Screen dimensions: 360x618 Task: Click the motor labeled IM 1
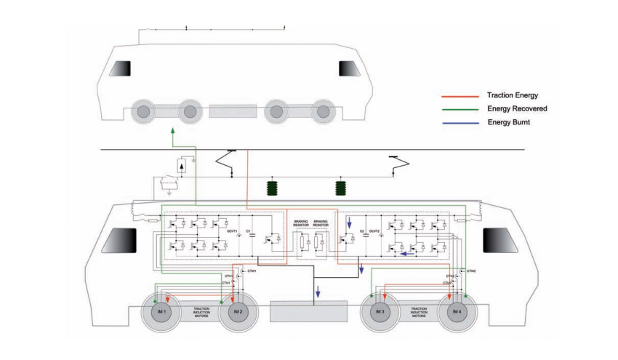click(164, 312)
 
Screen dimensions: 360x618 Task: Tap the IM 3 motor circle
click(379, 312)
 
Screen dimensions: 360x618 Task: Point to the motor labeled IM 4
click(457, 312)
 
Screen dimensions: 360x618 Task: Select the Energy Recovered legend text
click(517, 108)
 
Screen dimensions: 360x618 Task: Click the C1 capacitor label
click(249, 231)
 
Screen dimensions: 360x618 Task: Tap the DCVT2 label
click(376, 231)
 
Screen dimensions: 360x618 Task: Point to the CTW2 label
click(470, 271)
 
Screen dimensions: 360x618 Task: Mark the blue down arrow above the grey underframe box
click(318, 295)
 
